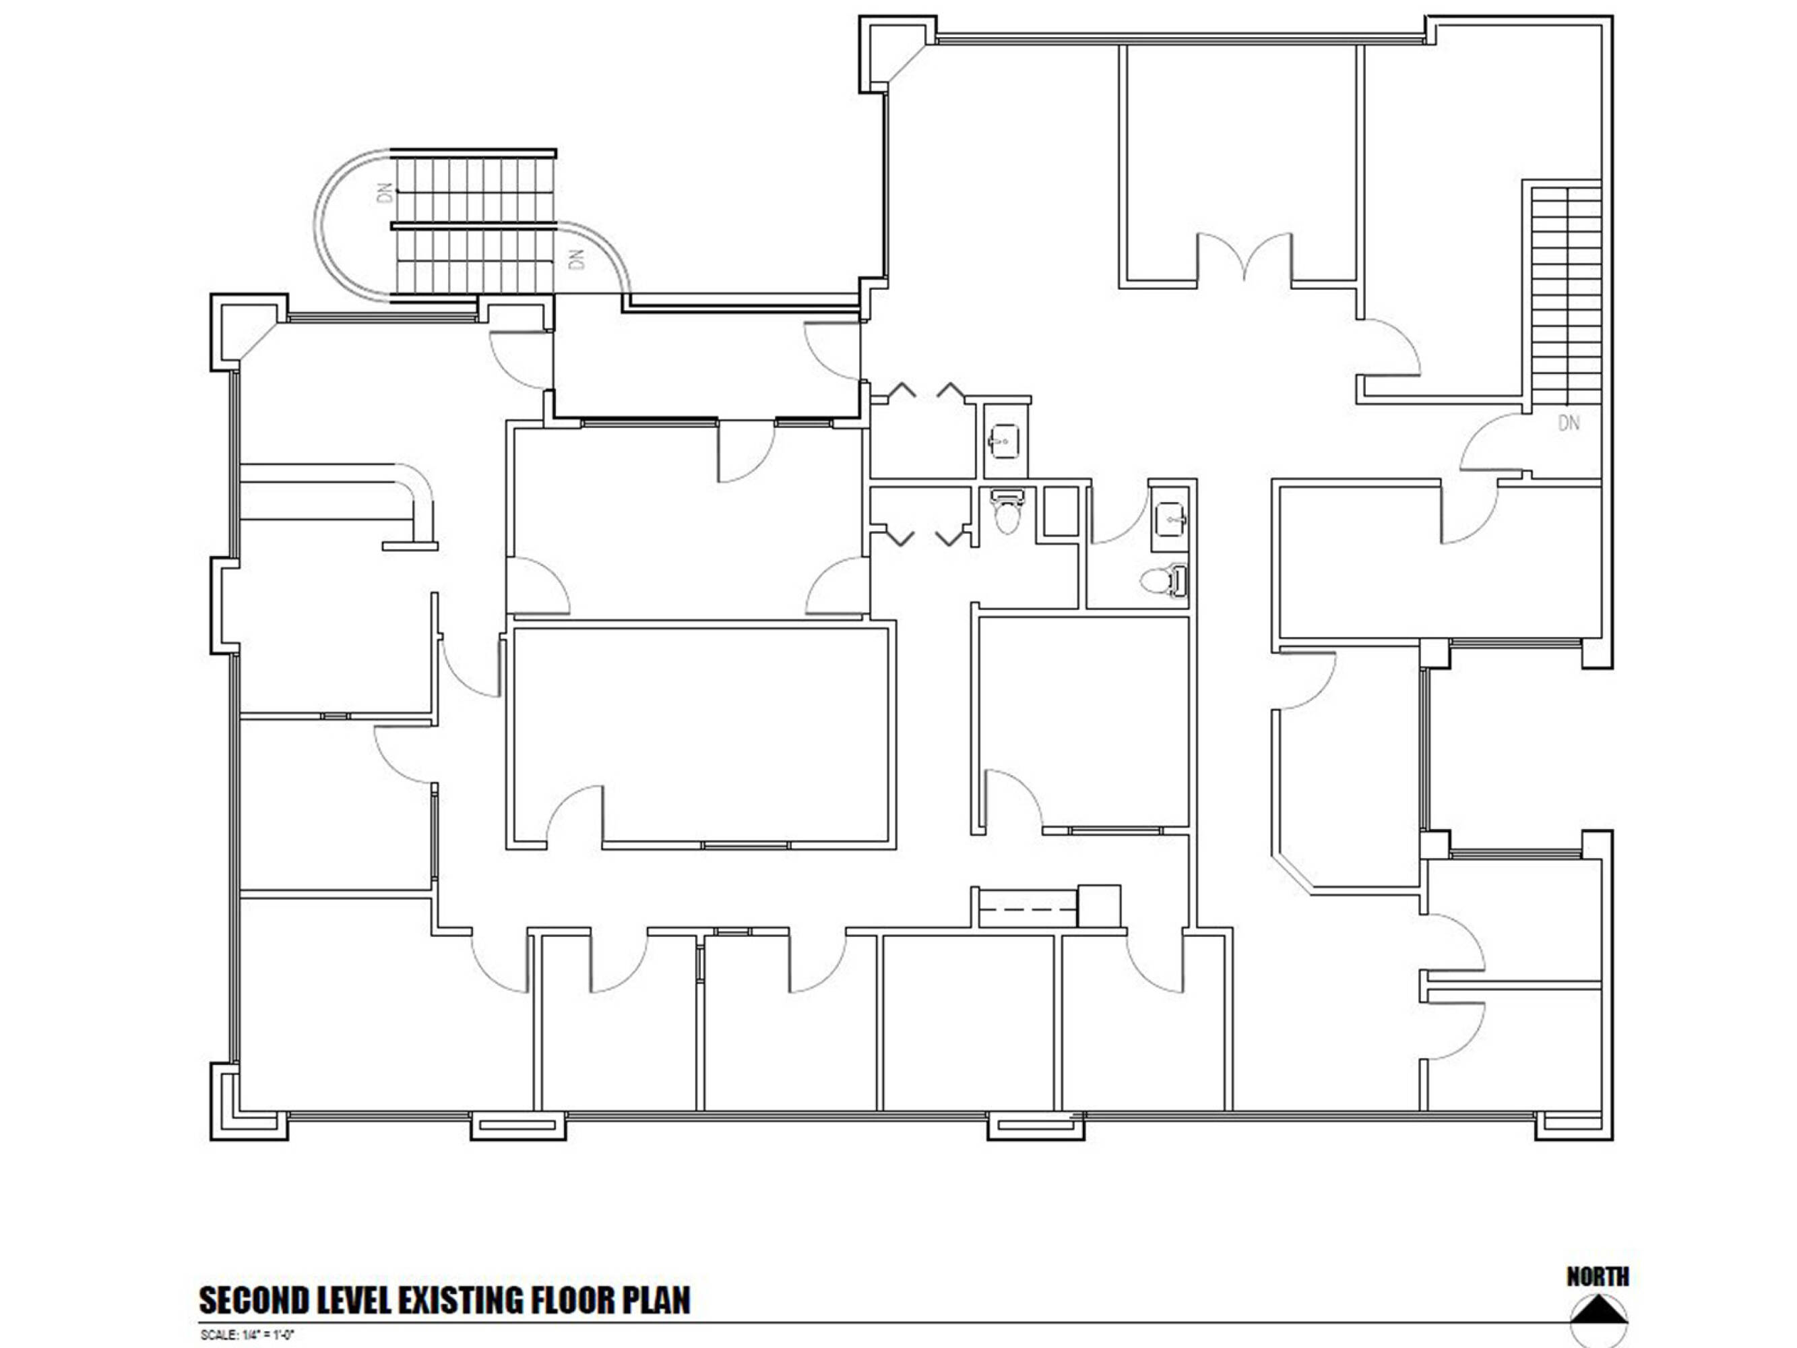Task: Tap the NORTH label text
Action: pos(1598,1277)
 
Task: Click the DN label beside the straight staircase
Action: pos(1569,423)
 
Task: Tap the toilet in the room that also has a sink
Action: pos(1164,580)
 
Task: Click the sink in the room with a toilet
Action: pos(1170,517)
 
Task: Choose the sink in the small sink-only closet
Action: pos(1004,442)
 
